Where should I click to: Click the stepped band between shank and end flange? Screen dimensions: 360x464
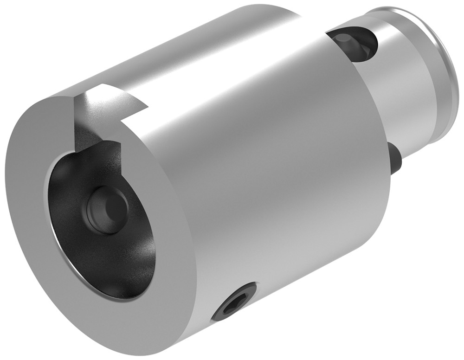[429, 70]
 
